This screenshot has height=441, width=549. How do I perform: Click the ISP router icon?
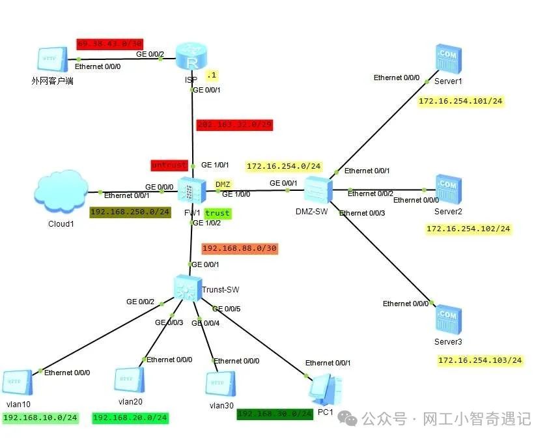tap(191, 62)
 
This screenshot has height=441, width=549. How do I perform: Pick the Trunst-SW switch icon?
tap(186, 287)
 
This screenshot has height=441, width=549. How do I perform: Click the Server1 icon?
tap(448, 61)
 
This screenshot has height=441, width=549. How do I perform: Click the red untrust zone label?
tap(169, 165)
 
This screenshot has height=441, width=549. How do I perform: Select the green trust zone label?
tap(218, 213)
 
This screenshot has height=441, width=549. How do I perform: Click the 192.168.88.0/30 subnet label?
tap(240, 248)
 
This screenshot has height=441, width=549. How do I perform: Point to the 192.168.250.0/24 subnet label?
tap(130, 212)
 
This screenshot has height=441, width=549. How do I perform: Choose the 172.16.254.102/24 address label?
tap(468, 229)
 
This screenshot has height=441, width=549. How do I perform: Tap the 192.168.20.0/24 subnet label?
tap(130, 418)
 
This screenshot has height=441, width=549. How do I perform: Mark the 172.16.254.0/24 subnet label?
tap(284, 166)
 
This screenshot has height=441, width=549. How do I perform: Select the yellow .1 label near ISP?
tap(212, 76)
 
